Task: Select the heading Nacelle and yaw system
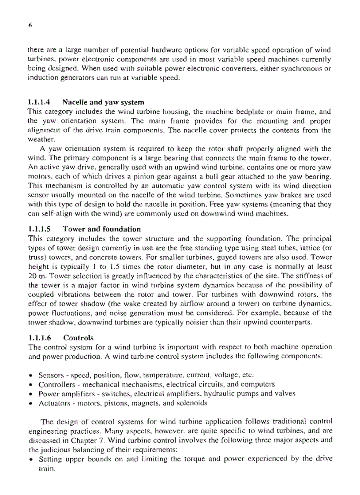[103, 102]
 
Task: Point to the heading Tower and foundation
[102, 229]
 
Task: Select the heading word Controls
[79, 339]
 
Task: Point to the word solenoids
[191, 402]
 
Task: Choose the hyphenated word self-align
[56, 215]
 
